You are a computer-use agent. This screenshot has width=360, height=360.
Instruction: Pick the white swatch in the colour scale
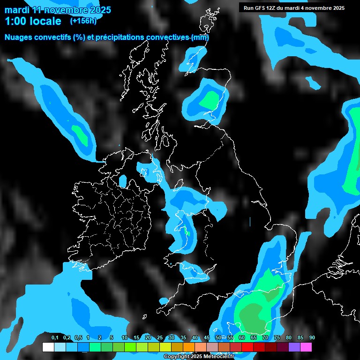(48, 347)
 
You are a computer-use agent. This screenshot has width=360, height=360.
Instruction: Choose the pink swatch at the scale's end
(306, 347)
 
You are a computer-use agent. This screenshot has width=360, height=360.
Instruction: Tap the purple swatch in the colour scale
(294, 347)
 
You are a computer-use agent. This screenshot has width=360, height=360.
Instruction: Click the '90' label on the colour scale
(312, 338)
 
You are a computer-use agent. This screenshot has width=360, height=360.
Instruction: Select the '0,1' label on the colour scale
(55, 338)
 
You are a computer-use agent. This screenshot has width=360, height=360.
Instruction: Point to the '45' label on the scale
(207, 338)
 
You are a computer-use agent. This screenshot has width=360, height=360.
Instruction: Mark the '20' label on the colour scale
(148, 338)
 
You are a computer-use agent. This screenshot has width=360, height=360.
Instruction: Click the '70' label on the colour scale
(265, 338)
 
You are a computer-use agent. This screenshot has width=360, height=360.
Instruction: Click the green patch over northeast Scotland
(209, 99)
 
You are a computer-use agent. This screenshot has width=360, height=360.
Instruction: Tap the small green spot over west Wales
(187, 232)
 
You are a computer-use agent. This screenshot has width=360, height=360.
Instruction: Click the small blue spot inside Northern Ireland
(123, 181)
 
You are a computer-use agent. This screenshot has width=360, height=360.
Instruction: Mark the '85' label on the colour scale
(300, 338)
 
